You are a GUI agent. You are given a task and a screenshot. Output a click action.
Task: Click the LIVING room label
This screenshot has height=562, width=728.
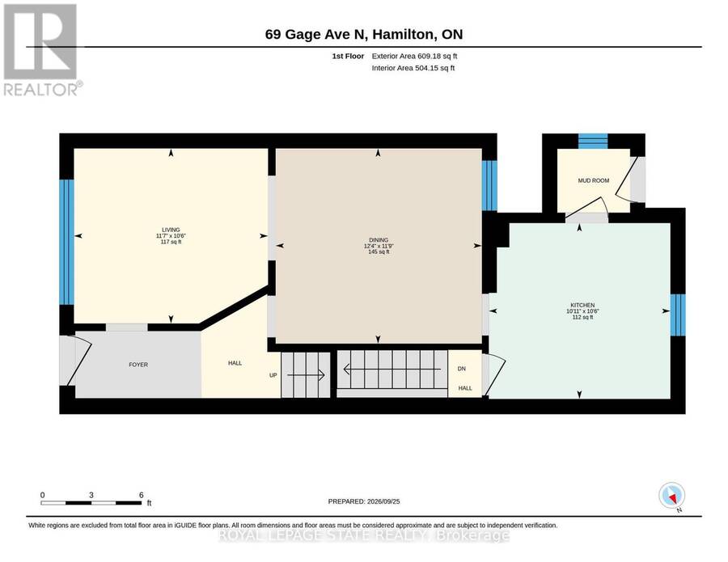pyautogui.click(x=171, y=230)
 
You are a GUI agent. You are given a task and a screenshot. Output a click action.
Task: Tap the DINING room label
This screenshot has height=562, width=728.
pyautogui.click(x=379, y=240)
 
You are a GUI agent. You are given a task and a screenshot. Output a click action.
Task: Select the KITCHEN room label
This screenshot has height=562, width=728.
pyautogui.click(x=583, y=306)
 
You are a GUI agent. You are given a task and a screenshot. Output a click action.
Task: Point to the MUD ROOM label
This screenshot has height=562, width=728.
pyautogui.click(x=594, y=180)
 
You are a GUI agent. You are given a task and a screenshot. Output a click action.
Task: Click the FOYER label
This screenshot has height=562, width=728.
pyautogui.click(x=138, y=365)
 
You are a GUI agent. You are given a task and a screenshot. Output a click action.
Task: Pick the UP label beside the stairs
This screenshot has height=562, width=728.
pyautogui.click(x=273, y=375)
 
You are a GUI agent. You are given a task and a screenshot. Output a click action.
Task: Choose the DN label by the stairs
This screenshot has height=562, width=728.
pyautogui.click(x=462, y=369)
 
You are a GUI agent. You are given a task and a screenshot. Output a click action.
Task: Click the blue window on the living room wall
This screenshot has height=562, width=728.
pyautogui.click(x=67, y=242)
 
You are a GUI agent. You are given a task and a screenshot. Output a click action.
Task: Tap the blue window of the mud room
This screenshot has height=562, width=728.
pyautogui.click(x=593, y=141)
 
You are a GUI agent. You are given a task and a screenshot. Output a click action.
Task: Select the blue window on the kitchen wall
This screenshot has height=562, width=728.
pyautogui.click(x=678, y=315)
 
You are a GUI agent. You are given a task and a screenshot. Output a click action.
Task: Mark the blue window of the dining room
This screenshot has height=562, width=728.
pyautogui.click(x=489, y=186)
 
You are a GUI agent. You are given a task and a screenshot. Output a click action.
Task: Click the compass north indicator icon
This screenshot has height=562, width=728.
pyautogui.click(x=672, y=496)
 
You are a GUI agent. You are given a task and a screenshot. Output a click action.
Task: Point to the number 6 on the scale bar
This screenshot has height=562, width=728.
pyautogui.click(x=141, y=495)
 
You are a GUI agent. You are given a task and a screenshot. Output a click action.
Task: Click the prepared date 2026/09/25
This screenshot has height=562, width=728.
pyautogui.click(x=383, y=501)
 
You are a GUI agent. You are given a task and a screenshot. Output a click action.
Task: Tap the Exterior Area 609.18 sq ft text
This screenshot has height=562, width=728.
pyautogui.click(x=415, y=56)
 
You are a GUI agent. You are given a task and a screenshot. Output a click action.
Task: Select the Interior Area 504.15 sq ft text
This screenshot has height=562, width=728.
pyautogui.click(x=413, y=68)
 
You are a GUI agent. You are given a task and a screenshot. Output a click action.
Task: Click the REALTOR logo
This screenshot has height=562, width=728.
pyautogui.click(x=43, y=49)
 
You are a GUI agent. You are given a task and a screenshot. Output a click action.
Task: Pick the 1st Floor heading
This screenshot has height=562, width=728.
pyautogui.click(x=348, y=56)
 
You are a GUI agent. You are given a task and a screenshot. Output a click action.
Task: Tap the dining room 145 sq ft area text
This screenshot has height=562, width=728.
pyautogui.click(x=379, y=252)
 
